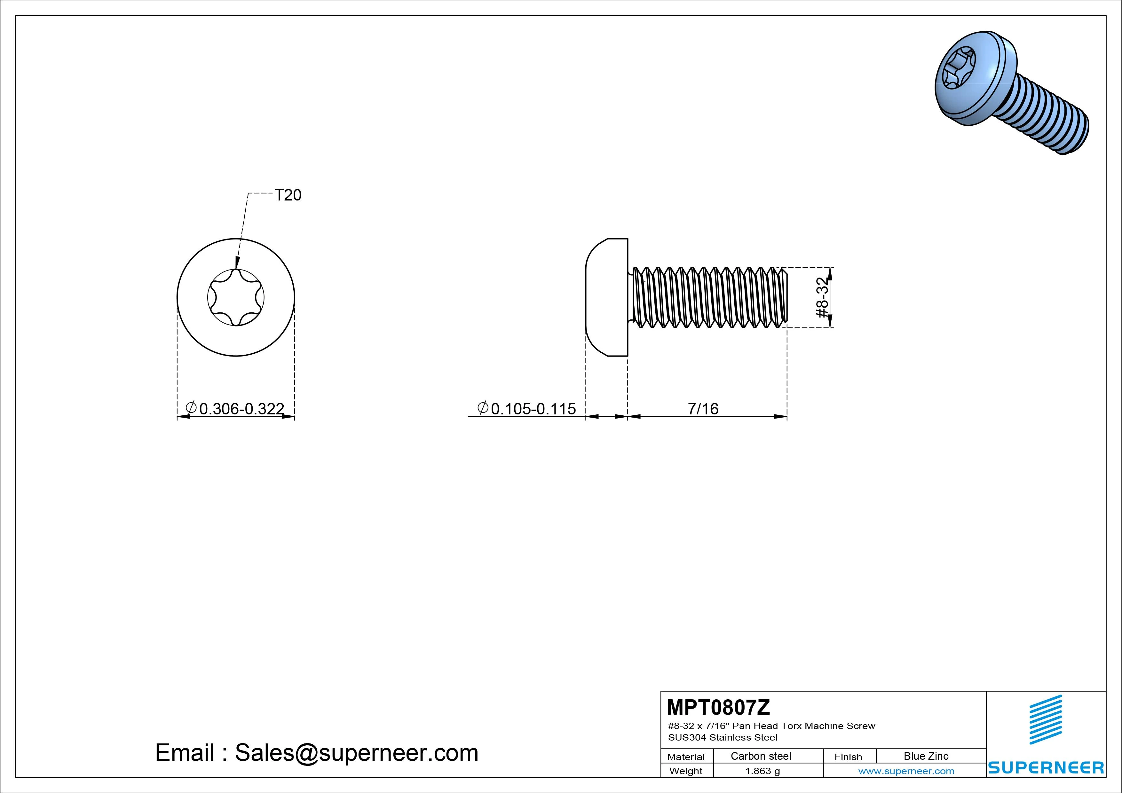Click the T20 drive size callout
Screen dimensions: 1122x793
pos(288,195)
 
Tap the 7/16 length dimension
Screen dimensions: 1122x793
pos(703,408)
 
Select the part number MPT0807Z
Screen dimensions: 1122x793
pos(718,707)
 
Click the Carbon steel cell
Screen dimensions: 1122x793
pos(761,756)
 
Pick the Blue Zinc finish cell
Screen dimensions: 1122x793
pos(926,756)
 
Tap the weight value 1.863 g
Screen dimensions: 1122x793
pos(762,771)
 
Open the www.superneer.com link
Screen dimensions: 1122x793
pos(906,771)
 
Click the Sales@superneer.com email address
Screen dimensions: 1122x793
pos(357,753)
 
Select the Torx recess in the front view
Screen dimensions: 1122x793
pos(236,298)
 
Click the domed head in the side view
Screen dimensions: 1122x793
pos(606,298)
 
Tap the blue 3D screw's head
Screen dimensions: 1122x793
pos(975,83)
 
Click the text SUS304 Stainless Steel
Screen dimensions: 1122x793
pos(723,738)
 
